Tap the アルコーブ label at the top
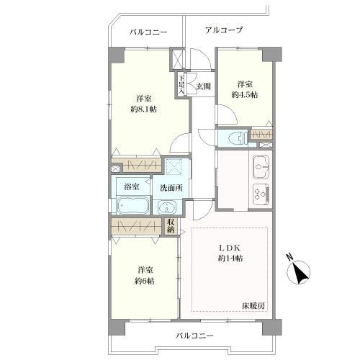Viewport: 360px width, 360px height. pos(224,30)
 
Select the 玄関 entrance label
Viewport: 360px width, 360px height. pos(203,87)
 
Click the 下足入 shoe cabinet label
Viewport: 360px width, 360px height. pos(181,84)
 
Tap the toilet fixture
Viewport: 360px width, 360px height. pos(231,138)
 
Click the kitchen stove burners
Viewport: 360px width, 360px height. pos(260,193)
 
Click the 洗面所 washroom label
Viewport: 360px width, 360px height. pos(172,187)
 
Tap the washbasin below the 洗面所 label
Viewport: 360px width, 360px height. pos(171,207)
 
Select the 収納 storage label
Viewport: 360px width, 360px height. pos(171,226)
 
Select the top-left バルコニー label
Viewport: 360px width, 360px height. pos(148,32)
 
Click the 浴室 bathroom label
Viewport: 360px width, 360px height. pos(131,186)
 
